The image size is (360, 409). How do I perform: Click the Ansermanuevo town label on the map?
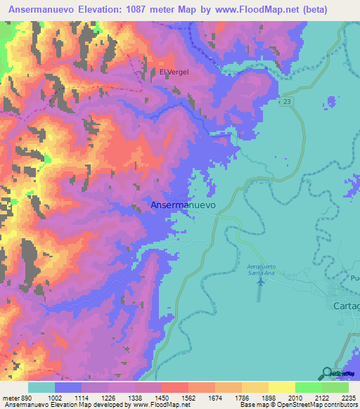coord(183,204)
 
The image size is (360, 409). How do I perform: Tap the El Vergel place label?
coord(174,72)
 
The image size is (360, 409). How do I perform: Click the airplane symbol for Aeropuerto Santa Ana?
coord(262,282)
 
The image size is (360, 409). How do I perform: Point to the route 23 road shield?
coord(287,103)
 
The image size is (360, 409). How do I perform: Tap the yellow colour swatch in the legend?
coord(281,387)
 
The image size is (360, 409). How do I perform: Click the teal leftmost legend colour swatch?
coord(41,387)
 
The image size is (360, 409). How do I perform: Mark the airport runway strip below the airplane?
coord(259,295)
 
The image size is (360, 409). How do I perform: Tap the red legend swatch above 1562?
coord(175,387)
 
